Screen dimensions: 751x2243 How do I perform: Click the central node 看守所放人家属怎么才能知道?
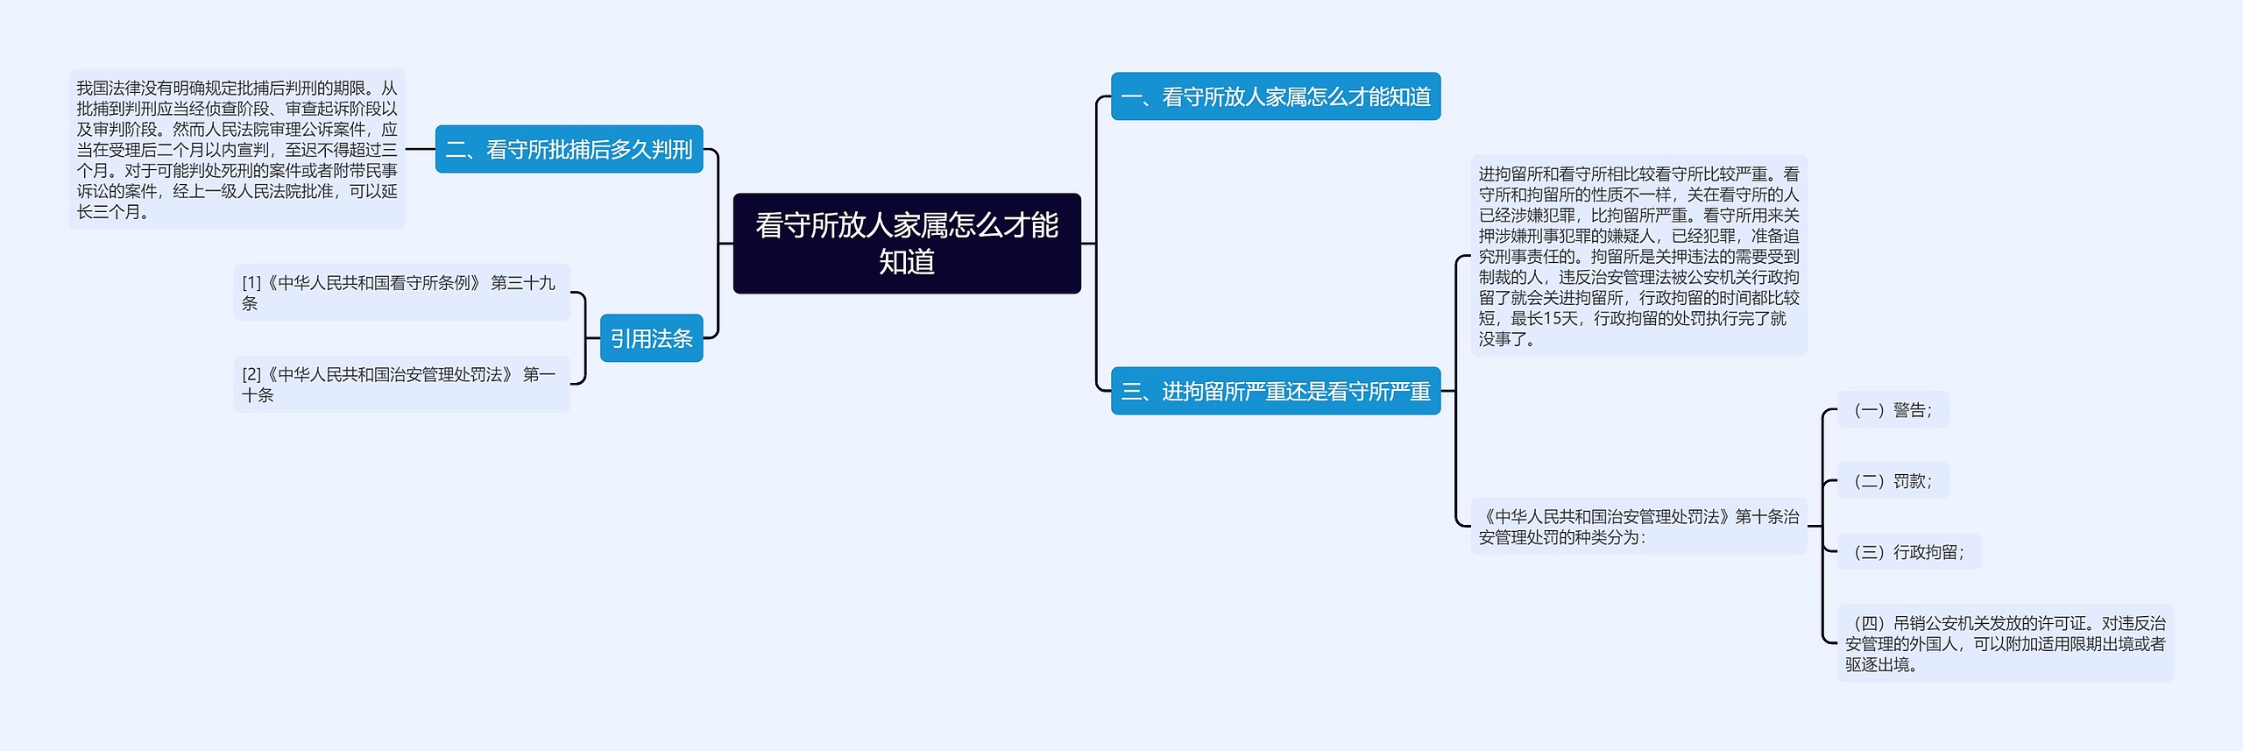click(906, 243)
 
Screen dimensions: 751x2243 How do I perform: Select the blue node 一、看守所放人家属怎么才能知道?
click(1275, 96)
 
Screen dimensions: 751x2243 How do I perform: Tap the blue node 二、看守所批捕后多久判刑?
click(569, 149)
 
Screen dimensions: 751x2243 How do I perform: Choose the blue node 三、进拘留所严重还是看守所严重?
click(1275, 391)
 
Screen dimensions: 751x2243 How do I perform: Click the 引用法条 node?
click(651, 338)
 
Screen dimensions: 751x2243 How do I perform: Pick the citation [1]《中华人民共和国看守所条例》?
click(400, 293)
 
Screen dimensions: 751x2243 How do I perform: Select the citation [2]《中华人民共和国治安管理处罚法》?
click(400, 384)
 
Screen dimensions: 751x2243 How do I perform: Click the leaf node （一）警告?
click(1893, 410)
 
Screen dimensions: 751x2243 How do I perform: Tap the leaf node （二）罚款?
click(1893, 481)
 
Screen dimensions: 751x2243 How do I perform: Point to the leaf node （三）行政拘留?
click(1908, 552)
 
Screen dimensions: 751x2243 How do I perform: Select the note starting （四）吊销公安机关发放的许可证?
click(2005, 643)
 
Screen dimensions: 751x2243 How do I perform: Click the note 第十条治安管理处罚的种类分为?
click(1638, 527)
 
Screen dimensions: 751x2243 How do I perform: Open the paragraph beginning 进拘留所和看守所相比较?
click(1638, 256)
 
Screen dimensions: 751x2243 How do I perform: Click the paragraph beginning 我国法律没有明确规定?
click(237, 149)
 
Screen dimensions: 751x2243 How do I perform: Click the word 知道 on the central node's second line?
click(906, 262)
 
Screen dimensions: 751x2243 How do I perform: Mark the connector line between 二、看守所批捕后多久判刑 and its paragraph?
click(421, 149)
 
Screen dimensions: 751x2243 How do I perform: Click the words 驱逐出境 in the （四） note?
click(1876, 665)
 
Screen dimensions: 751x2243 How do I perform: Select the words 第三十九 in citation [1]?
click(523, 283)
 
